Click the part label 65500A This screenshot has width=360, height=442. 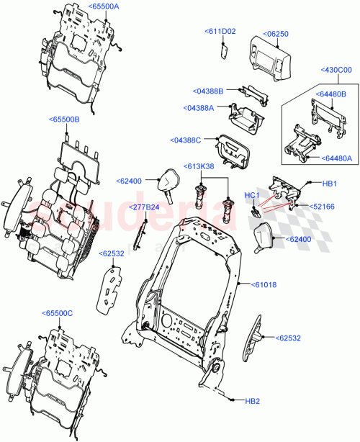point(104,6)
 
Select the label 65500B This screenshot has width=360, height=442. point(65,119)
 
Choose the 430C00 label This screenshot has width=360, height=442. point(336,70)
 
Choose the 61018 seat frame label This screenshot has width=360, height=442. point(263,285)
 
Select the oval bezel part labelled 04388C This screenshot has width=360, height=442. point(232,149)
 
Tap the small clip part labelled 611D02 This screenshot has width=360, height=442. point(224,49)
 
